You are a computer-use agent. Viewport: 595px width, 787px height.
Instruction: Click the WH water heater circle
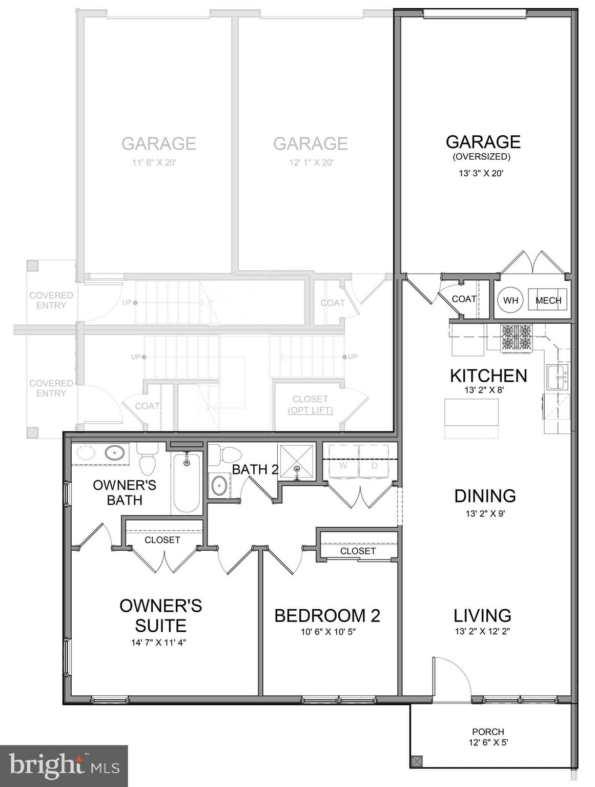510,300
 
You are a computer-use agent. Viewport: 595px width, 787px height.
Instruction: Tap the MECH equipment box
548,300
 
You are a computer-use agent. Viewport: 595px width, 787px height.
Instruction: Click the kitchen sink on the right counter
558,377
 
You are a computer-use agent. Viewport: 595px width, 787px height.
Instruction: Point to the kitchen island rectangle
471,412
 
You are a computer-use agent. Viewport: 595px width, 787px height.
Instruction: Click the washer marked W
343,465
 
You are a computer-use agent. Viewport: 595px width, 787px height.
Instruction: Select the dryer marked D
375,465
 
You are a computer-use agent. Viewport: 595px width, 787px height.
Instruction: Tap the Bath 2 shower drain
297,468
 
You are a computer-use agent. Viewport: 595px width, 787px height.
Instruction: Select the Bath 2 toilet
226,455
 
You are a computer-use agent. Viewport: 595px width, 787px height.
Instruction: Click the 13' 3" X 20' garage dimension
481,173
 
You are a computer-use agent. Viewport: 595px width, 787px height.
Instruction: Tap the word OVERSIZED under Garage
481,157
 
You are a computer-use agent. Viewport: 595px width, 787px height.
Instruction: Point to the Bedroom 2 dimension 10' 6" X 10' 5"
328,632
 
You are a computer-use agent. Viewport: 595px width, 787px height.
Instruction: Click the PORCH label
488,732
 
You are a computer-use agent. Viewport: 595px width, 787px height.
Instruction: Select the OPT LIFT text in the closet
310,410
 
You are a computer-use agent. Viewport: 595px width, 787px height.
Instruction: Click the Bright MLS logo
64,766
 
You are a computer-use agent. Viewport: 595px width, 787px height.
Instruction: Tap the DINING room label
485,495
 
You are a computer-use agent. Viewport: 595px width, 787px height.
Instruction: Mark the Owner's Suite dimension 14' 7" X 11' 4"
158,643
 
